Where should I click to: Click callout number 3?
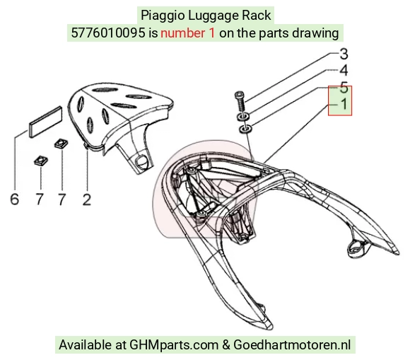point(344,54)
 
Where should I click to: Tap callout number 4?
point(344,71)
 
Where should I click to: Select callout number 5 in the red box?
point(344,88)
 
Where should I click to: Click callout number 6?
point(15,199)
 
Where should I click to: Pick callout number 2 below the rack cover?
point(87,199)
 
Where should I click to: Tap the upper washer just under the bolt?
point(242,116)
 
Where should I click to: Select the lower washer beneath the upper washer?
point(245,129)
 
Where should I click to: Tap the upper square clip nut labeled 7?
point(61,144)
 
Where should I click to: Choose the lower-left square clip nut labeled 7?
point(41,161)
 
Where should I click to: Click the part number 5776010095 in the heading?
point(108,33)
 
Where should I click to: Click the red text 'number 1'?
point(188,33)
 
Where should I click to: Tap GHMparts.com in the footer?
point(174,345)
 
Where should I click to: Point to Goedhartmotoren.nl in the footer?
point(292,344)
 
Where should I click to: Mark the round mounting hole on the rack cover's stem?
point(141,160)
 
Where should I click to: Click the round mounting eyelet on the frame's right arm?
point(356,248)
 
